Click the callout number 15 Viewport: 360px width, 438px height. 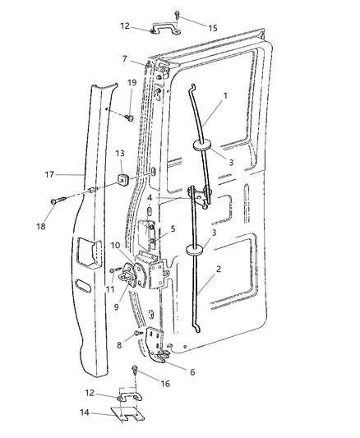click(x=213, y=28)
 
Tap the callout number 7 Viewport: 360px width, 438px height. click(x=124, y=59)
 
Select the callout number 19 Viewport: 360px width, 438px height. click(x=132, y=82)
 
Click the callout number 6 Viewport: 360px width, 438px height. click(x=193, y=371)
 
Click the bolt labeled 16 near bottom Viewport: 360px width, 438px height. click(x=133, y=371)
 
